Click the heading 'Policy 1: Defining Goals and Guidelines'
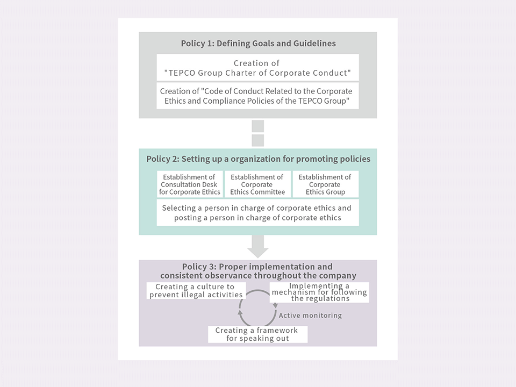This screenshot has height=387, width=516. [x=259, y=44]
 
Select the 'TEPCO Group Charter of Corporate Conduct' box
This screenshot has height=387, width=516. [x=257, y=68]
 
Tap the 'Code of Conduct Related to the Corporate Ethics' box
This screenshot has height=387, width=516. [x=257, y=96]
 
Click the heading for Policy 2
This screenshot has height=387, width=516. [x=259, y=159]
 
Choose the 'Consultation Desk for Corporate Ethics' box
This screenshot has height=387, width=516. [x=190, y=184]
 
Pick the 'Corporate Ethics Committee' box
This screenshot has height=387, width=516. [x=257, y=184]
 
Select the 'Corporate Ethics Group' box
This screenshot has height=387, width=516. [x=326, y=184]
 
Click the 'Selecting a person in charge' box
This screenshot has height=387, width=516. [x=257, y=213]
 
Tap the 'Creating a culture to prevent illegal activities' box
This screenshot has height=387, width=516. [x=196, y=291]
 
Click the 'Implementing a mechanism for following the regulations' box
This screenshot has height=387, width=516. [x=319, y=292]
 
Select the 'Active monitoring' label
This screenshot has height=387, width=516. [x=310, y=316]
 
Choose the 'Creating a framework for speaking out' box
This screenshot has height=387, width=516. [x=257, y=334]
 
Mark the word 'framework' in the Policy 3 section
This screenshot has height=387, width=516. [x=277, y=331]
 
